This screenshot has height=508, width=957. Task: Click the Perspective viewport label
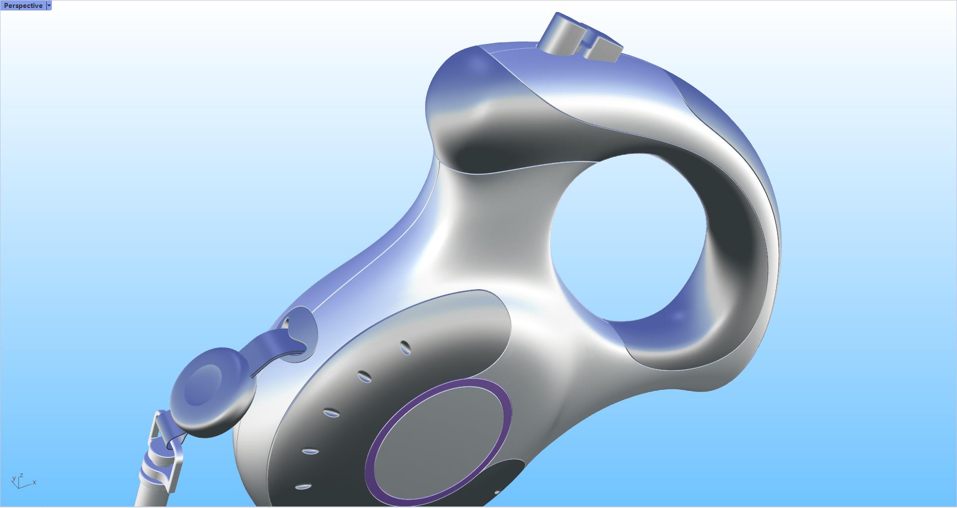[23, 5]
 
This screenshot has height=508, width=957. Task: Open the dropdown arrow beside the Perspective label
[49, 5]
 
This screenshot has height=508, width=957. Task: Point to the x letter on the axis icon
[34, 483]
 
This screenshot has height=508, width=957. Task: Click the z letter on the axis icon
[22, 476]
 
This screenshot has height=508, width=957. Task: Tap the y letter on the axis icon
[13, 479]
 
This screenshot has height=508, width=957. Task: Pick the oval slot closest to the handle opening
[406, 347]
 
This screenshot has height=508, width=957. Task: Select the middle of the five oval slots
[331, 413]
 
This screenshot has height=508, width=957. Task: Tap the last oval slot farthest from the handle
[303, 487]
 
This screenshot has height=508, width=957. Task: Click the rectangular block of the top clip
[604, 50]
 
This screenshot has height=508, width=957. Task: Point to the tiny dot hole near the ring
[497, 493]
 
